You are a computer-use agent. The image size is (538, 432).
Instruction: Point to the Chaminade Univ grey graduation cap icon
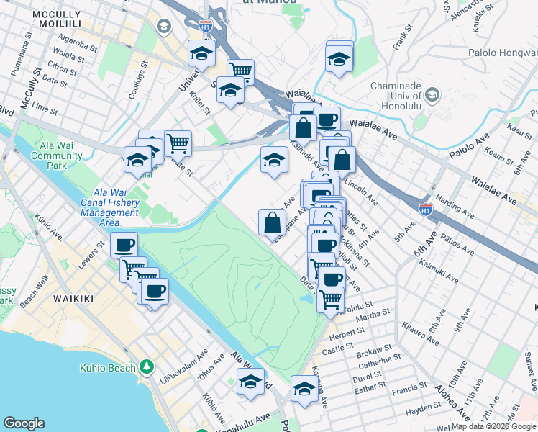[x=433, y=94]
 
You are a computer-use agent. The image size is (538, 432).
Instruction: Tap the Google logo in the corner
[x=24, y=423]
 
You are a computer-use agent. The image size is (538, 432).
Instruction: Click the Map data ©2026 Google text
[x=493, y=426]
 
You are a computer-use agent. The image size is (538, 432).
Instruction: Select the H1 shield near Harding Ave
[x=427, y=210]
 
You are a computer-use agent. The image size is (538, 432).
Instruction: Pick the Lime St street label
[x=45, y=107]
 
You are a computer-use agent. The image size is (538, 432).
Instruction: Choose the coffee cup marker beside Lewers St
[x=124, y=245]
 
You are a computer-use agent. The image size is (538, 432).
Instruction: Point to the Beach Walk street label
[x=33, y=299]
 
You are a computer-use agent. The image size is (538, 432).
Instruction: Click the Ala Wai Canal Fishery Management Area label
[x=110, y=207]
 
